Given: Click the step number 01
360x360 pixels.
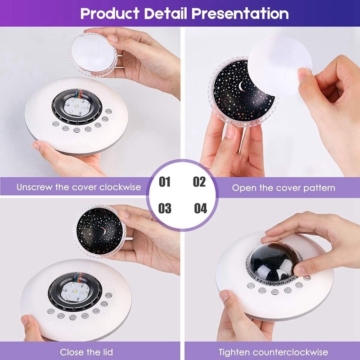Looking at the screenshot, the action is (165, 182).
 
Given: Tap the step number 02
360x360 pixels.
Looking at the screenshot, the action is (199, 182).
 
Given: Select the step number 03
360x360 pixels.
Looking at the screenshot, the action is (165, 208).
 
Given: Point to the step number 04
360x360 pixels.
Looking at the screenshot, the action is (200, 208).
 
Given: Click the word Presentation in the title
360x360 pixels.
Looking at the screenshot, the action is (240, 13).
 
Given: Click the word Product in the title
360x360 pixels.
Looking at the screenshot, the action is (110, 13).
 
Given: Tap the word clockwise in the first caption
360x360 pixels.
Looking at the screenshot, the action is (120, 187).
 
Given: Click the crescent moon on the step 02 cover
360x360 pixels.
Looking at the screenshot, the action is (241, 86).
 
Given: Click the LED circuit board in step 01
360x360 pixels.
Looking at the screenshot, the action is (76, 107).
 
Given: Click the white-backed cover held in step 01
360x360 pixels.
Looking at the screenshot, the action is (93, 55).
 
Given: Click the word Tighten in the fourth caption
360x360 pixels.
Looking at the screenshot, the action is (234, 352).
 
